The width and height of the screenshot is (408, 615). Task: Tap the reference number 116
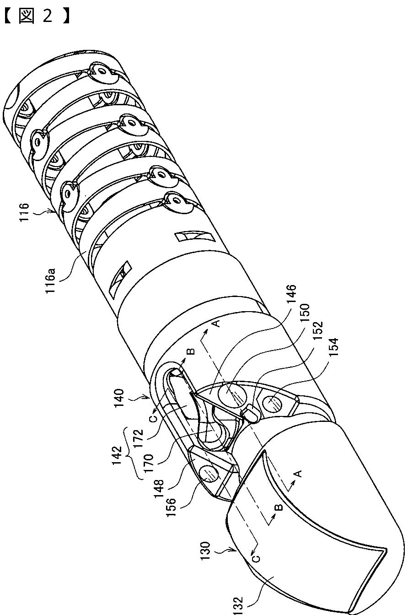(x=24, y=213)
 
